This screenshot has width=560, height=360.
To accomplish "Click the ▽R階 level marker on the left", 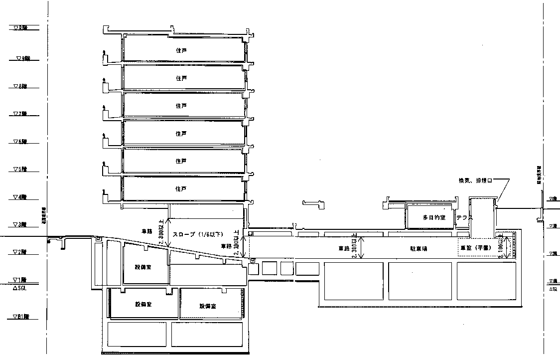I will coord(20,27).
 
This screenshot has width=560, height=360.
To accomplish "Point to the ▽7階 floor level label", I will coord(20,114).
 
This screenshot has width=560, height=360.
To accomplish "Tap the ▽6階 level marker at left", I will coord(20,142).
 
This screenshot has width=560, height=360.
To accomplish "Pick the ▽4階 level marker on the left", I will coord(20,197).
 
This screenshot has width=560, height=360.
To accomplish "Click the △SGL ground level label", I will coord(19,288).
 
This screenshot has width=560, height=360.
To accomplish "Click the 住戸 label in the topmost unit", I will coord(181,51).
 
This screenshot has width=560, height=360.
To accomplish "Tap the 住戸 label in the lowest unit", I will coord(181,189).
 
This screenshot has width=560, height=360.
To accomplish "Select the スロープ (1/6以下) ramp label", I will coord(197,234).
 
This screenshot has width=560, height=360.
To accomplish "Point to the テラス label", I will coord(464,218).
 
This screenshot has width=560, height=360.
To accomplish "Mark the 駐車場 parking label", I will coord(419,248).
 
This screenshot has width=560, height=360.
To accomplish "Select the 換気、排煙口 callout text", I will coord(476,180).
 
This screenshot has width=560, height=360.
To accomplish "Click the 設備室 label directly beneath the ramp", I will coord(143,266).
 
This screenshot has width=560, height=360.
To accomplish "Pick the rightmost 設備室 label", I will coord(207,306).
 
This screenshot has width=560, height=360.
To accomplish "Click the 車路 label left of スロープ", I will coord(146,231).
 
